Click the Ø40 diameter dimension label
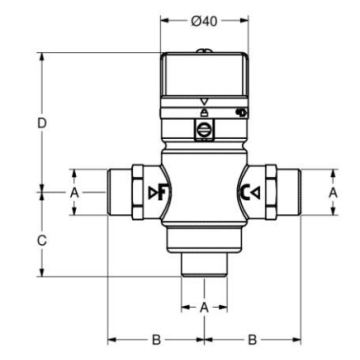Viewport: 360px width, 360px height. [x=204, y=21]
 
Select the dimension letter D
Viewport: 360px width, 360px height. [x=42, y=124]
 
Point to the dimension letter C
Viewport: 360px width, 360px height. [x=42, y=241]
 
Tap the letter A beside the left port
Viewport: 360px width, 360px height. [x=75, y=192]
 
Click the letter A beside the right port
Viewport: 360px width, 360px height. [x=333, y=192]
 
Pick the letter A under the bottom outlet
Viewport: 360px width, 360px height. [x=204, y=307]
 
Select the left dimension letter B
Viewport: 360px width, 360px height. [x=156, y=340]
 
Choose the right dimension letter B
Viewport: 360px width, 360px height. [x=253, y=340]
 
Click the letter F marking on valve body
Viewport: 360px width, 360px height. [x=163, y=192]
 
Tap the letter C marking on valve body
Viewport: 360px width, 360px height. [x=245, y=192]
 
